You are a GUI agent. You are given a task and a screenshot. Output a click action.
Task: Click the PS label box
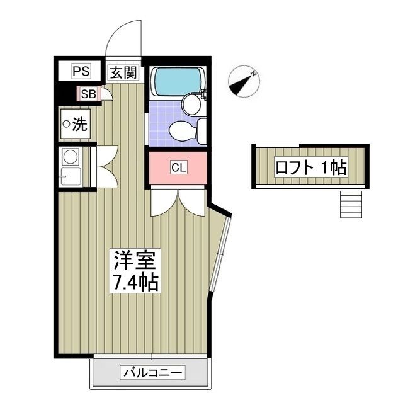[81, 71]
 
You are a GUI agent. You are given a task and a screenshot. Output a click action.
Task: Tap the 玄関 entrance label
[123, 72]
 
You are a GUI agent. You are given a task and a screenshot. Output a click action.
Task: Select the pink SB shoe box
[88, 94]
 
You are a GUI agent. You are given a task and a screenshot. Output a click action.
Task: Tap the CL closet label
[178, 168]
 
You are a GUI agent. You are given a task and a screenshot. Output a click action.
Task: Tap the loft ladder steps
[351, 203]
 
